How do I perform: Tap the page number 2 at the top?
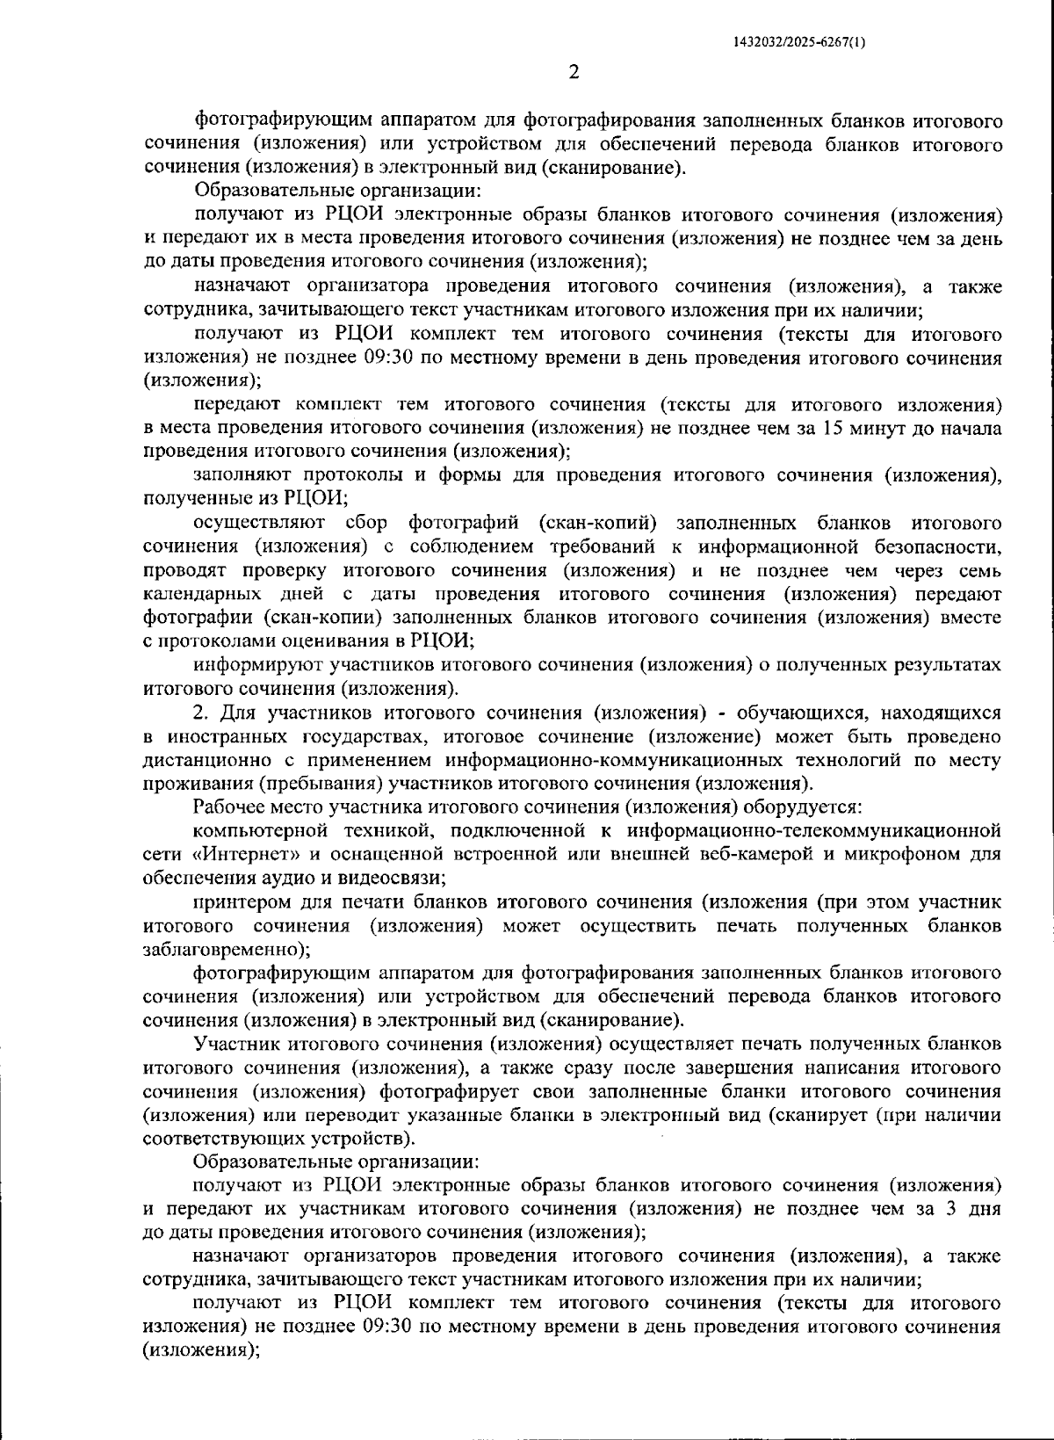[574, 72]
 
